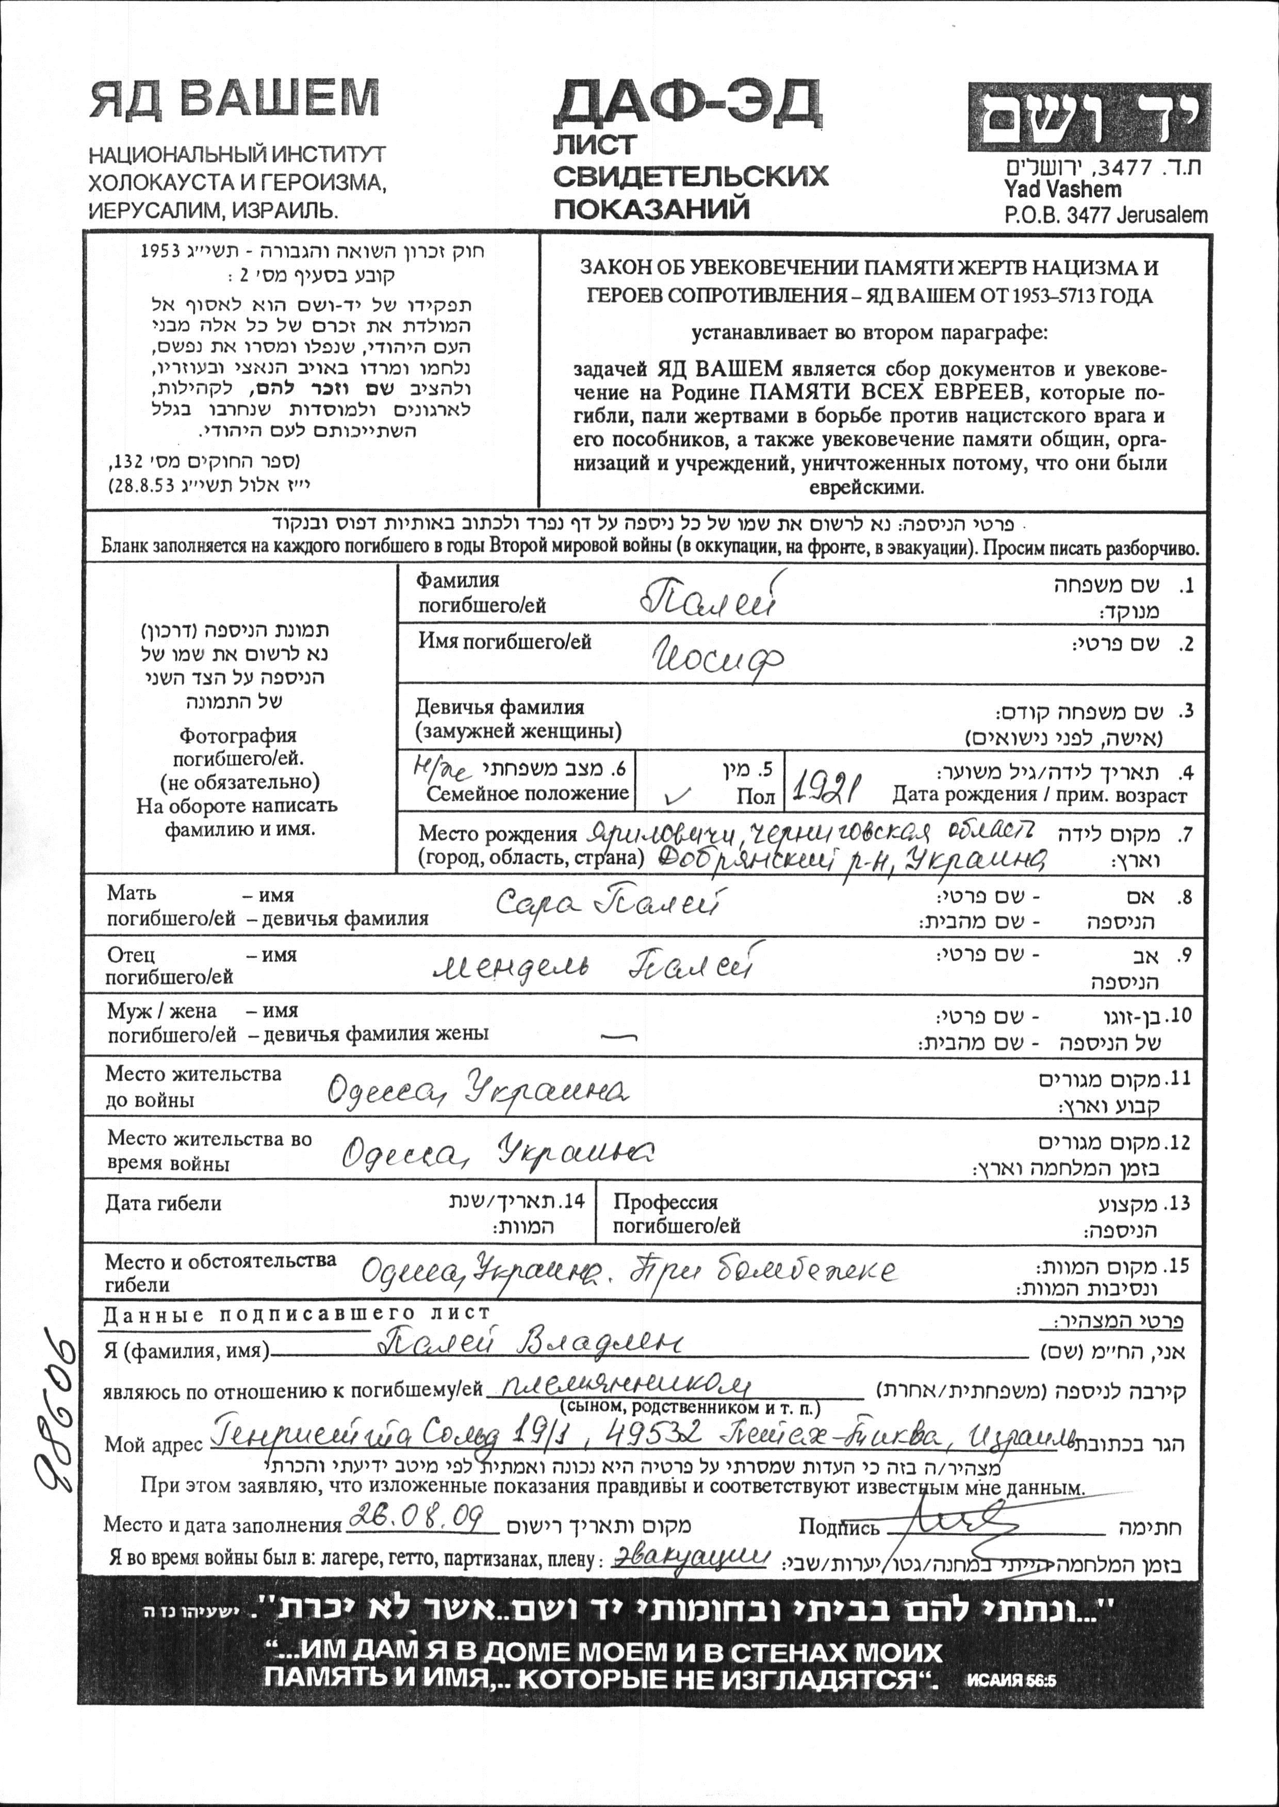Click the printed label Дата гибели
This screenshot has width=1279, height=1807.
163,1204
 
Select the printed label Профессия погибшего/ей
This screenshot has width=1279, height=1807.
677,1214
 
